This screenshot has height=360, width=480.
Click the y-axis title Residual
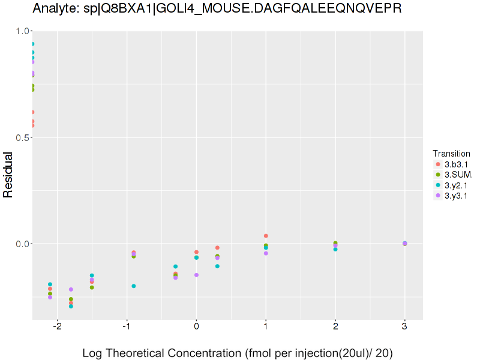(x=8, y=175)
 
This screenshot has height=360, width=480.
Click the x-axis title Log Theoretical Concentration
(x=238, y=353)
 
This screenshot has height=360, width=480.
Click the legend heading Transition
(x=451, y=154)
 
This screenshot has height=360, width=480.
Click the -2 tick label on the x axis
(x=57, y=327)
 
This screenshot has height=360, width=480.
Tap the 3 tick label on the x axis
(x=404, y=327)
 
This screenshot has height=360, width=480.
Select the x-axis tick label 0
(x=196, y=327)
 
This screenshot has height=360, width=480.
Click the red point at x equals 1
(x=266, y=236)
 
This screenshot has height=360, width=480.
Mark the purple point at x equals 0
(x=196, y=275)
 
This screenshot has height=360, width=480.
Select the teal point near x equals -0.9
(x=133, y=286)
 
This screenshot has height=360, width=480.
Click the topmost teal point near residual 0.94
(x=32, y=44)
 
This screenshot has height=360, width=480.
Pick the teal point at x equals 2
(x=335, y=249)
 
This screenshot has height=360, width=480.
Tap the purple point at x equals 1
(x=266, y=253)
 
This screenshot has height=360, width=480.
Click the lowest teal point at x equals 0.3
(x=217, y=266)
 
